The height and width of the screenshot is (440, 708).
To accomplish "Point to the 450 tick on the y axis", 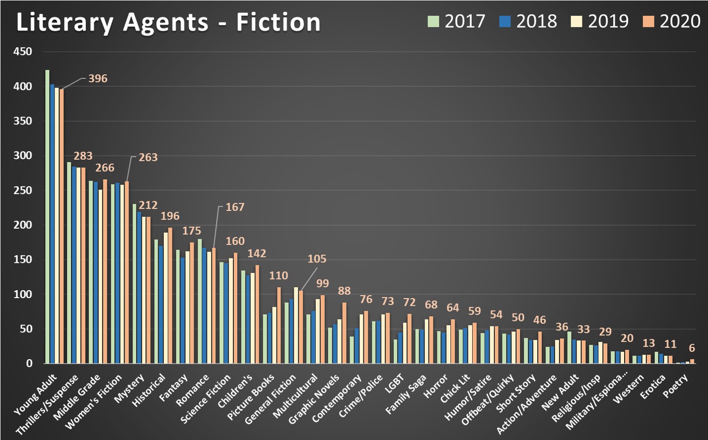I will (x=23, y=52).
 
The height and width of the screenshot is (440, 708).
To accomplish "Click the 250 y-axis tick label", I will (x=23, y=190).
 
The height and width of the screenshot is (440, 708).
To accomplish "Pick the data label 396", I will (x=98, y=78).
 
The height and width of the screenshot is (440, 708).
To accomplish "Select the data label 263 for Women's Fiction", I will (x=148, y=157).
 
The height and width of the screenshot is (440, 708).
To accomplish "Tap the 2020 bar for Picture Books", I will (x=279, y=325).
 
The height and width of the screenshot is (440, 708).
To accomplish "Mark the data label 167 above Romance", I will (x=235, y=207).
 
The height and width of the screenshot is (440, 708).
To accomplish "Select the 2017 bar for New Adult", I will (x=569, y=347).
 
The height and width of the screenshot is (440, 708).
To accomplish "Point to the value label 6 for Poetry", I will (x=692, y=348).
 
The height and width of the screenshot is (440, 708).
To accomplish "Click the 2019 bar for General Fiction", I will (x=296, y=325).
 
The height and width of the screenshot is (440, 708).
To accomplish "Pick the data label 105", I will (x=317, y=259).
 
